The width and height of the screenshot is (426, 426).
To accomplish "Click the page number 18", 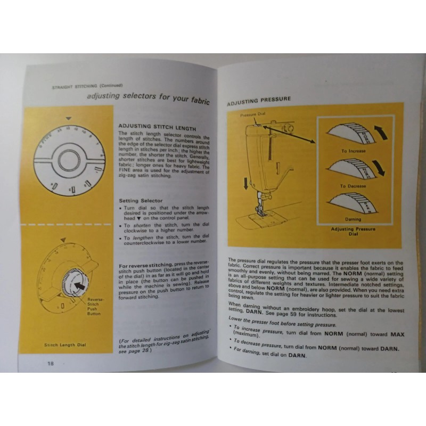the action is pos(50,363).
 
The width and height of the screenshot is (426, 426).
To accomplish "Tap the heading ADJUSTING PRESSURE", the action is pos(259,99).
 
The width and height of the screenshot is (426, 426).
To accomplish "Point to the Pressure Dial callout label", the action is pos(252,114).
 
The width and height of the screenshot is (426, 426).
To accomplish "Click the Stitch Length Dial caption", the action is pos(65,345).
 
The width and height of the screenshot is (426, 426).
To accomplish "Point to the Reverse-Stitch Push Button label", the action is pos(94,307).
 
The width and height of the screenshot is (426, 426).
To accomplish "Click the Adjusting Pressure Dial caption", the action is pos(353,231).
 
